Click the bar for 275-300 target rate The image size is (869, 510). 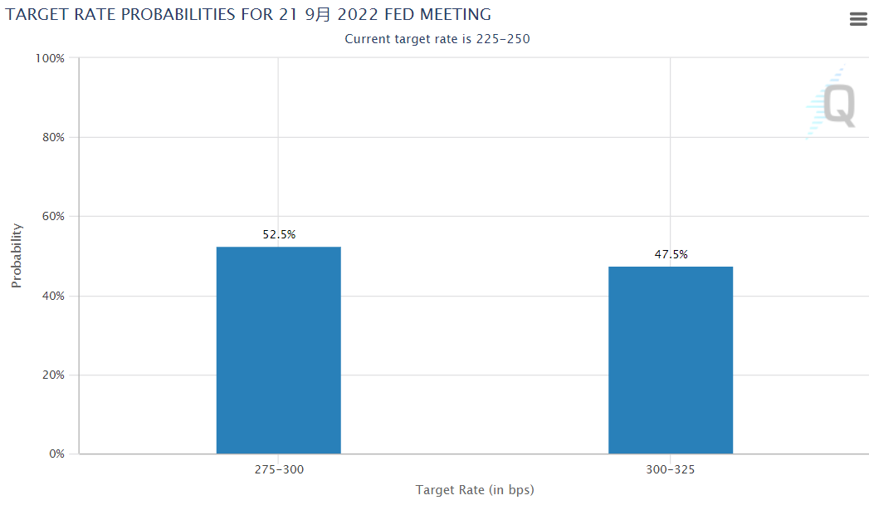[x=278, y=350]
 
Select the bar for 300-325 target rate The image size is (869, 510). [x=671, y=360]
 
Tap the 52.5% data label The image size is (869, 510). [x=279, y=234]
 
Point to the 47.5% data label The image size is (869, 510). [x=671, y=254]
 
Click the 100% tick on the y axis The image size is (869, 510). [x=50, y=58]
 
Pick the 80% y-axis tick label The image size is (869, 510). [x=51, y=137]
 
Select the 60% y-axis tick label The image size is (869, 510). [x=51, y=217]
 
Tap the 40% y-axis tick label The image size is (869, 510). [x=51, y=296]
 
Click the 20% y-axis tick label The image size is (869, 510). [x=51, y=375]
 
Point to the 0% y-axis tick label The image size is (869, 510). [x=55, y=454]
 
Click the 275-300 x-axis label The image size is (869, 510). [x=279, y=469]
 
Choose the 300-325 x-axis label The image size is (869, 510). [x=671, y=469]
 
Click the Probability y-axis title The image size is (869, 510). [x=17, y=256]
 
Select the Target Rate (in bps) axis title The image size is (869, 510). [x=475, y=490]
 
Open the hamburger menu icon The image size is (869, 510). [x=858, y=19]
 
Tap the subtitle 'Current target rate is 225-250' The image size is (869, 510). [x=437, y=38]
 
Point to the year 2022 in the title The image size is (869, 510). [x=360, y=14]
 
